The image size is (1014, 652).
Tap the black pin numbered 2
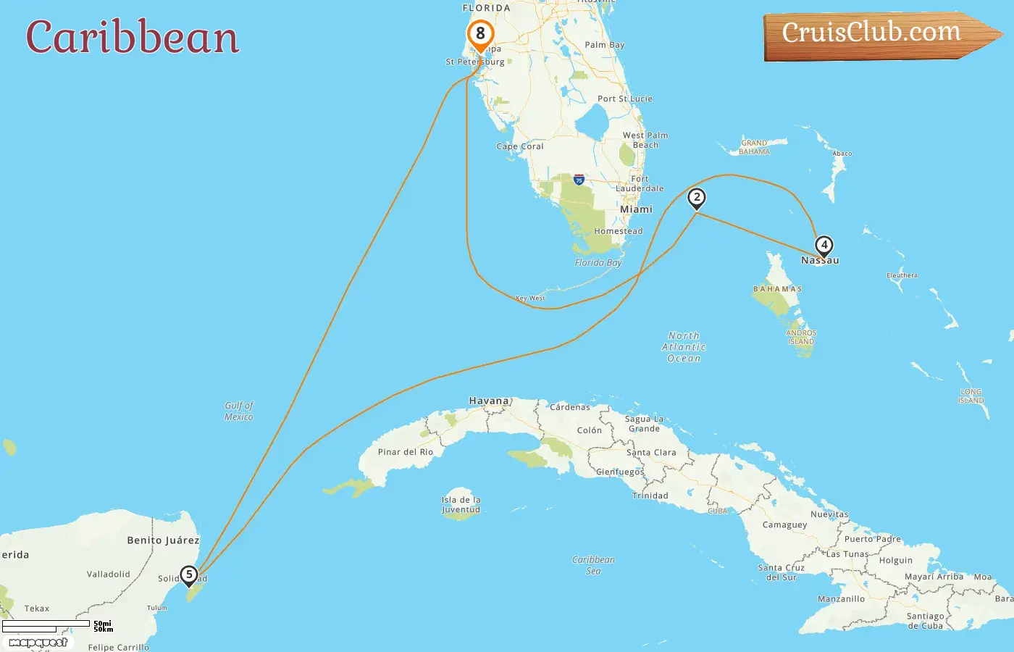696,198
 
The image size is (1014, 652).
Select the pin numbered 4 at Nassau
824,246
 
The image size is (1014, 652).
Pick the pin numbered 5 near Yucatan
188,575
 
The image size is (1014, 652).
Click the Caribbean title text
133,38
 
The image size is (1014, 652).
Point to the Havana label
489,401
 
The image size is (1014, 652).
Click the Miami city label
636,209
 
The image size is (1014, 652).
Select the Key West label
530,298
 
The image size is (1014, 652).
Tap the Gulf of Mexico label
239,411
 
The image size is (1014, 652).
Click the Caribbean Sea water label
593,565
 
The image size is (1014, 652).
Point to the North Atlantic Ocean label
684,346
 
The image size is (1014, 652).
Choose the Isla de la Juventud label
461,504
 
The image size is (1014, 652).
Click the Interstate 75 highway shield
579,180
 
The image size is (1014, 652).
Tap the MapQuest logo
38,642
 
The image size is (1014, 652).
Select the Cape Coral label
519,146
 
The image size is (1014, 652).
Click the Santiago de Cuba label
925,621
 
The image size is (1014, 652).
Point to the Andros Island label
801,337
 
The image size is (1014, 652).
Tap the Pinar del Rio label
405,452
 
